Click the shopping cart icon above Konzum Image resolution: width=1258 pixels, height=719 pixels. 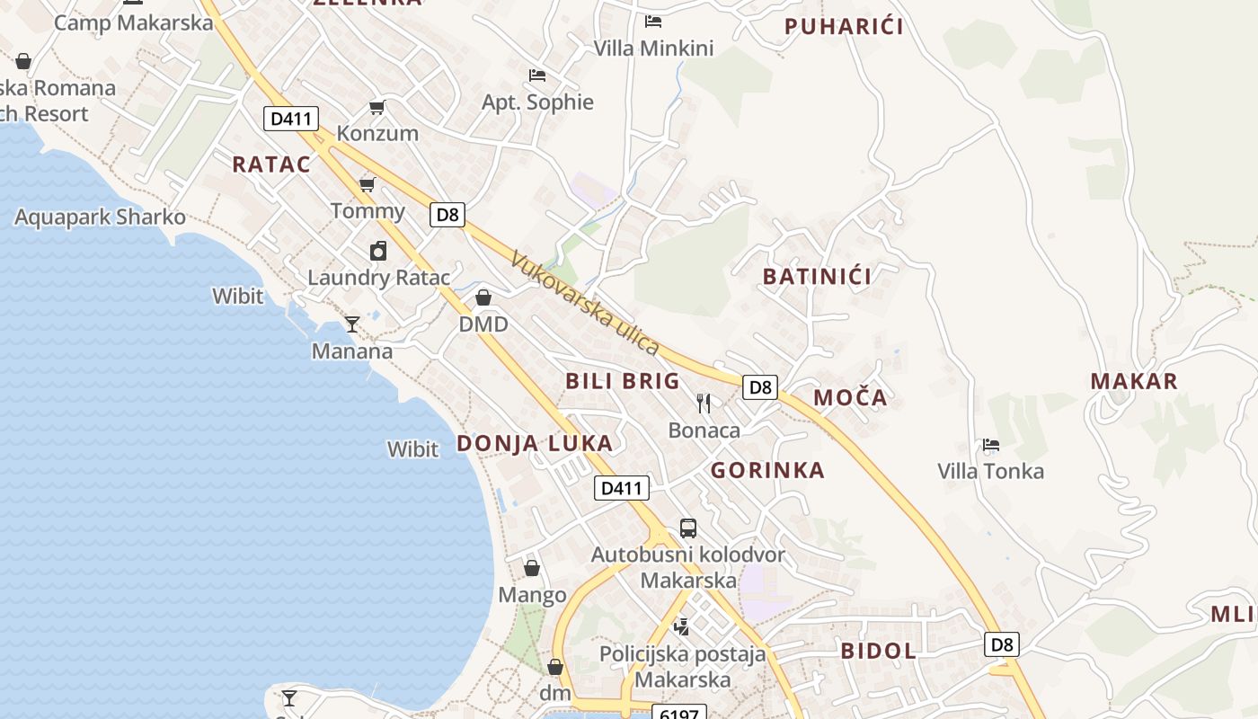point(377,108)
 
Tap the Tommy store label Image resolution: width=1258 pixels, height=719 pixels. point(368,211)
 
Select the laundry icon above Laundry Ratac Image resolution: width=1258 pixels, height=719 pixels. point(378,251)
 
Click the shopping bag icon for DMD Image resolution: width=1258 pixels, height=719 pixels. point(483,297)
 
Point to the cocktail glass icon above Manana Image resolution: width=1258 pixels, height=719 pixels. point(352,324)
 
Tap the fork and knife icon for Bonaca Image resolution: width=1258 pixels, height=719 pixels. point(704,404)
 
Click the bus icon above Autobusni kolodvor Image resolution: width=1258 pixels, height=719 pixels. point(688,528)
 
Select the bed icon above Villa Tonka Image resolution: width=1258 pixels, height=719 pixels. point(990,445)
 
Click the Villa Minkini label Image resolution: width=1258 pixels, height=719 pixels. point(653,49)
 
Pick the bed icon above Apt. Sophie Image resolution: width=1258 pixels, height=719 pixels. point(537,75)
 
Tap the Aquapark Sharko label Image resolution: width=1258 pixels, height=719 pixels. point(100,217)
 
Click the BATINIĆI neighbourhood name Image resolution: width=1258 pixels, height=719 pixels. point(817,277)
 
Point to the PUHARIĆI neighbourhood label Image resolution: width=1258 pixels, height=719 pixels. point(844,26)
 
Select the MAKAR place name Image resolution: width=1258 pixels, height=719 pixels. point(1134,381)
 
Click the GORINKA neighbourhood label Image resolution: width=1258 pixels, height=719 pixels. point(767,470)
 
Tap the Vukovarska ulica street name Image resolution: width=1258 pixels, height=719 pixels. point(585,303)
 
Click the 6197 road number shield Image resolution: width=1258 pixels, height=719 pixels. point(678,713)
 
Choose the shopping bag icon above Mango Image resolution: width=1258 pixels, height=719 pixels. point(532,568)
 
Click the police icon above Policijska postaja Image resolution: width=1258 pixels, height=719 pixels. point(682,626)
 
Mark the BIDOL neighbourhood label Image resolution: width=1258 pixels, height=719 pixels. point(878,652)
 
